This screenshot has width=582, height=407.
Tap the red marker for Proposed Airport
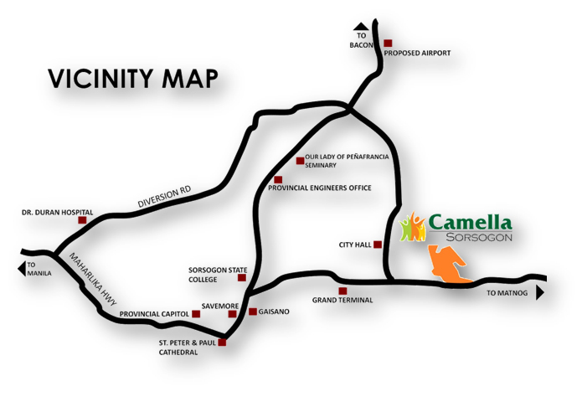coord(388,43)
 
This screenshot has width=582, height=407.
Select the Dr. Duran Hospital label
coord(57,213)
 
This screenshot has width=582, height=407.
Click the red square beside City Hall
coord(378,245)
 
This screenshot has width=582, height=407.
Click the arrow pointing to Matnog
coord(540,293)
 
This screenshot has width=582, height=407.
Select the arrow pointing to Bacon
coord(360,26)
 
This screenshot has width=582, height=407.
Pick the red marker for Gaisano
coord(252,312)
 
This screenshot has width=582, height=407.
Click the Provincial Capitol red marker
coord(197,314)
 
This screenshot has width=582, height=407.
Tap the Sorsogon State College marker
coord(243,277)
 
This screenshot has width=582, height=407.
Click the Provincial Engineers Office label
coord(319,188)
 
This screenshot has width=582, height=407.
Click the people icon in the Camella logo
coord(412,226)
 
